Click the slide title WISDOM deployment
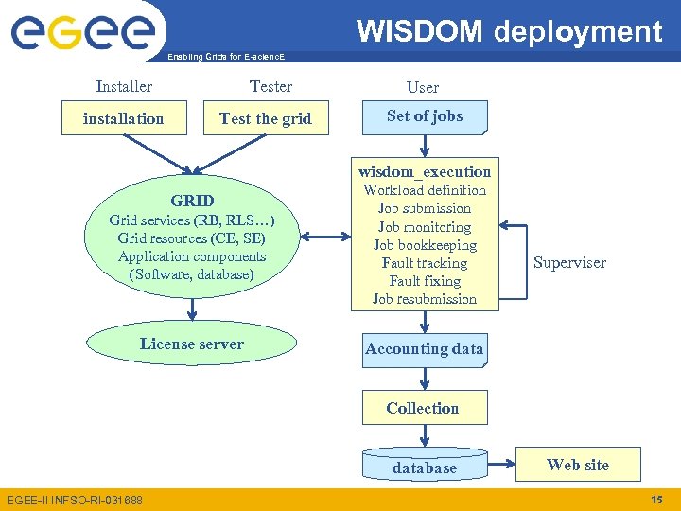click(509, 31)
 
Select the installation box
click(123, 119)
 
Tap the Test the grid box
click(265, 119)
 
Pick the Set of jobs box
click(425, 116)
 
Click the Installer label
click(124, 86)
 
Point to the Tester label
click(271, 86)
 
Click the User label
click(423, 87)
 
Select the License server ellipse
click(192, 344)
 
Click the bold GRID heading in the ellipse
click(192, 201)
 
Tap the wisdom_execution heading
click(425, 171)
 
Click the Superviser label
click(569, 262)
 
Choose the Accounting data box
click(425, 349)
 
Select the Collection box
click(423, 408)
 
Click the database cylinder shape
click(425, 467)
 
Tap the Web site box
click(578, 465)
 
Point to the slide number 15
click(657, 499)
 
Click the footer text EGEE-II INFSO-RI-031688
click(75, 500)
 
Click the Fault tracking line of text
click(425, 263)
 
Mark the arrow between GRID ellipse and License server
click(192, 308)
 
